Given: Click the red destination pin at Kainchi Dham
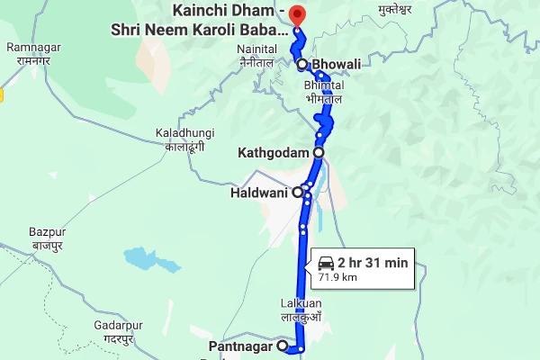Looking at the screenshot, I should (x=299, y=15).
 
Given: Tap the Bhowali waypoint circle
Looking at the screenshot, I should (x=302, y=65).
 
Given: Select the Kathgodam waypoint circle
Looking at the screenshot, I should (x=319, y=153).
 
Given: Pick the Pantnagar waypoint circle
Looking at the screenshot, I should (x=282, y=346).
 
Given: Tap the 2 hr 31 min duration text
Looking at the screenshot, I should (x=373, y=263).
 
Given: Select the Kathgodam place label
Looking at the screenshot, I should (x=274, y=153).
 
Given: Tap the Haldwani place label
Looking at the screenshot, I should (x=259, y=192).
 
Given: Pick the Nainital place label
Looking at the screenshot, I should (x=256, y=56).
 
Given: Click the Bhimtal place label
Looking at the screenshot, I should (x=326, y=90).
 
